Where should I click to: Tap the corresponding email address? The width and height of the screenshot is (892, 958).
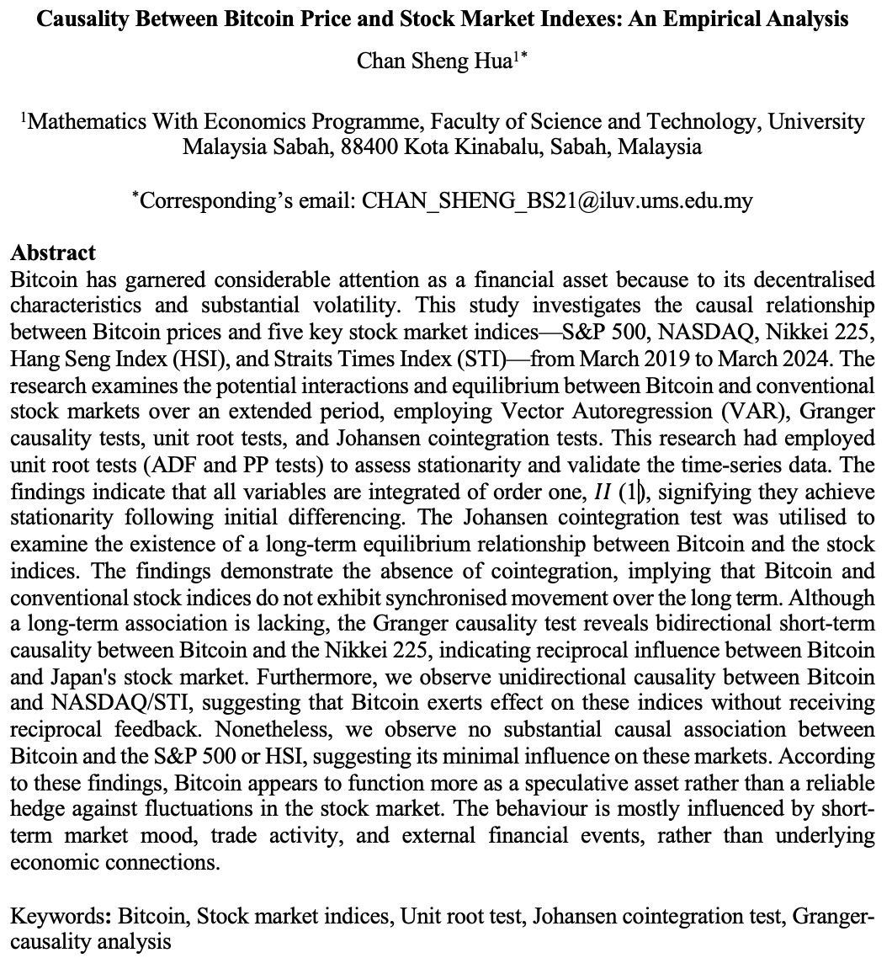coord(557,200)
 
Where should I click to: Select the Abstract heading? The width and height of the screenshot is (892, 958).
coord(53,253)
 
